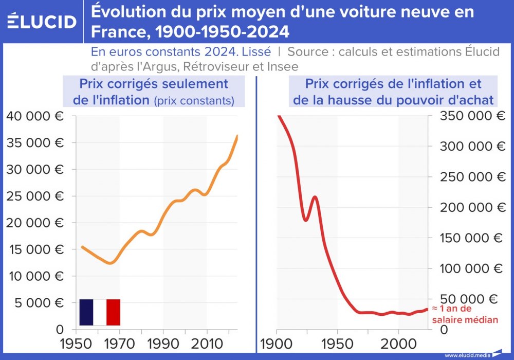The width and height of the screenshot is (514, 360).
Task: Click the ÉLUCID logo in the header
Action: pyautogui.click(x=42, y=21)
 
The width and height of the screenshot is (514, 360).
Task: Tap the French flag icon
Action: pyautogui.click(x=100, y=312)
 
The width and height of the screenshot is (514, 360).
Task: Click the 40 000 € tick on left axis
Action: pyautogui.click(x=35, y=116)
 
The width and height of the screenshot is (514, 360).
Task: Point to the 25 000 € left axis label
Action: pyautogui.click(x=35, y=196)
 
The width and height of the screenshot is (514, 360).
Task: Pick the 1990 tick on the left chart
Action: pyautogui.click(x=163, y=343)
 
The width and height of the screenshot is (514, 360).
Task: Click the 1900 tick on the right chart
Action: pyautogui.click(x=277, y=343)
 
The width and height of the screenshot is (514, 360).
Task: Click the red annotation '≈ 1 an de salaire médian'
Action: pyautogui.click(x=465, y=314)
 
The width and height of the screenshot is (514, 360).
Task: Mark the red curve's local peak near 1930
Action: pyautogui.click(x=314, y=196)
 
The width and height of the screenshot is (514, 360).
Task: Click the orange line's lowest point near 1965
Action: pyautogui.click(x=109, y=263)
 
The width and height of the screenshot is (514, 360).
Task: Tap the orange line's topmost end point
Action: pyautogui.click(x=237, y=135)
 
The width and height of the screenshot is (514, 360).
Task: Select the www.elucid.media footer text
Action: pyautogui.click(x=467, y=355)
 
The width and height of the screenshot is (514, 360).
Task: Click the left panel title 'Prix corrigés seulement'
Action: pyautogui.click(x=153, y=84)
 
